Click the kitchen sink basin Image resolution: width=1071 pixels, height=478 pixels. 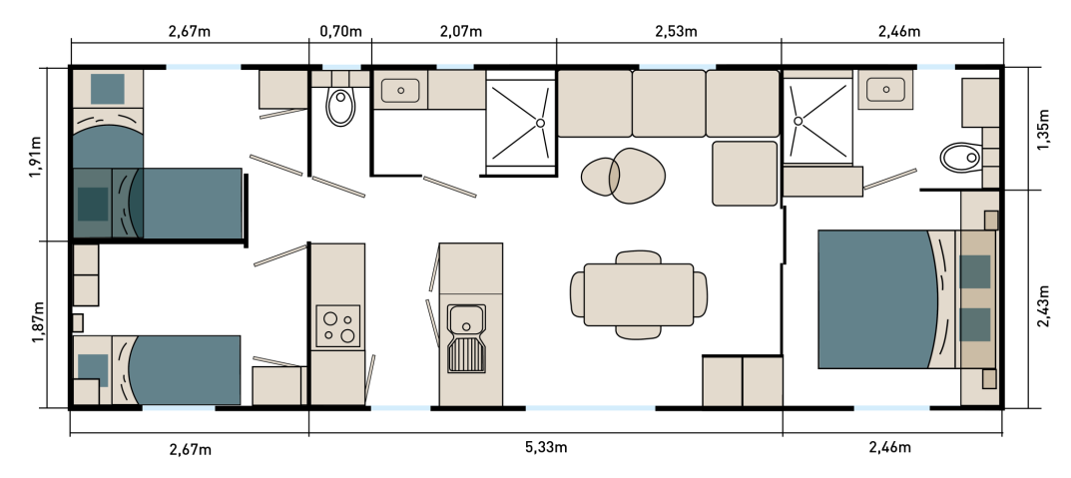click(x=466, y=319)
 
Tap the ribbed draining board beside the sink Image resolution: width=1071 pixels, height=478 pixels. click(x=466, y=354)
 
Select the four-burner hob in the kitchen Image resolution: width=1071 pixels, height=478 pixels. click(x=337, y=325)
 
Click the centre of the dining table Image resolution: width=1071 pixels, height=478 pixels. click(x=639, y=294)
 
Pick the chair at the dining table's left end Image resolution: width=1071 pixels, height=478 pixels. click(x=578, y=294)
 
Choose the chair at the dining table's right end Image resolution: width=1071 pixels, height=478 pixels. click(x=700, y=294)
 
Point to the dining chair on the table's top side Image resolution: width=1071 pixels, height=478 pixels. click(x=639, y=257)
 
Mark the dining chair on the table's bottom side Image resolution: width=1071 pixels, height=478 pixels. click(x=639, y=331)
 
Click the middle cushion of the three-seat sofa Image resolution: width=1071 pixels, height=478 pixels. click(x=669, y=103)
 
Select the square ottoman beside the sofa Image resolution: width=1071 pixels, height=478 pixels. click(x=745, y=173)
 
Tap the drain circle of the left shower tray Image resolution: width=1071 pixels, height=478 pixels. click(x=540, y=123)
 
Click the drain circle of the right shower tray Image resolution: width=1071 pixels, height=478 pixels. click(x=798, y=121)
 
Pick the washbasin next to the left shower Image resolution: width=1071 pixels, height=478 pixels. click(x=400, y=90)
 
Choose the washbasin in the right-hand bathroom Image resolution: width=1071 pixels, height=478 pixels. click(x=885, y=89)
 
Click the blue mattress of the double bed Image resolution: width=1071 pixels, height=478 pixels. click(x=873, y=299)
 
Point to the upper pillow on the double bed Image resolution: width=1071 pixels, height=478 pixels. click(x=975, y=271)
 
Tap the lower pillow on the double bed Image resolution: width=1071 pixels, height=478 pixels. click(x=975, y=324)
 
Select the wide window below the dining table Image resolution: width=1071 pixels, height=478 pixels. click(x=590, y=407)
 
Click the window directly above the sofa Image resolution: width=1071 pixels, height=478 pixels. click(x=677, y=67)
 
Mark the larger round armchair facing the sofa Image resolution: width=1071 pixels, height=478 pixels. click(x=638, y=176)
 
